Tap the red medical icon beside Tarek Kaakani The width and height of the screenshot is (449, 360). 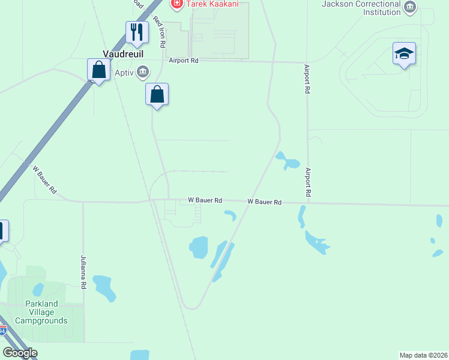click(x=176, y=4)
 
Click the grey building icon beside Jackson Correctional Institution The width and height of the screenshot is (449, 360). click(x=410, y=8)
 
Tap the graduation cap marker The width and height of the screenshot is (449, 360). click(x=404, y=54)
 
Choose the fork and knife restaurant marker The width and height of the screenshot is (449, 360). click(x=137, y=32)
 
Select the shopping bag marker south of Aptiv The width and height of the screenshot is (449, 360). click(x=157, y=94)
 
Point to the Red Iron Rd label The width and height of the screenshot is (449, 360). click(x=160, y=32)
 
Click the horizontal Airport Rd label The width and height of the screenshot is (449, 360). click(x=183, y=61)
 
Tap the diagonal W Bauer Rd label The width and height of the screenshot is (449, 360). click(x=44, y=179)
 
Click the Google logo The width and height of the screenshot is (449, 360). click(x=20, y=353)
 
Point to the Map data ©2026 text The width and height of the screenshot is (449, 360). click(x=423, y=355)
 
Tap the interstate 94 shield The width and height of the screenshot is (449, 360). click(x=3, y=331)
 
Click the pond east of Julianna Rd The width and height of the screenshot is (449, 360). click(x=104, y=287)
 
